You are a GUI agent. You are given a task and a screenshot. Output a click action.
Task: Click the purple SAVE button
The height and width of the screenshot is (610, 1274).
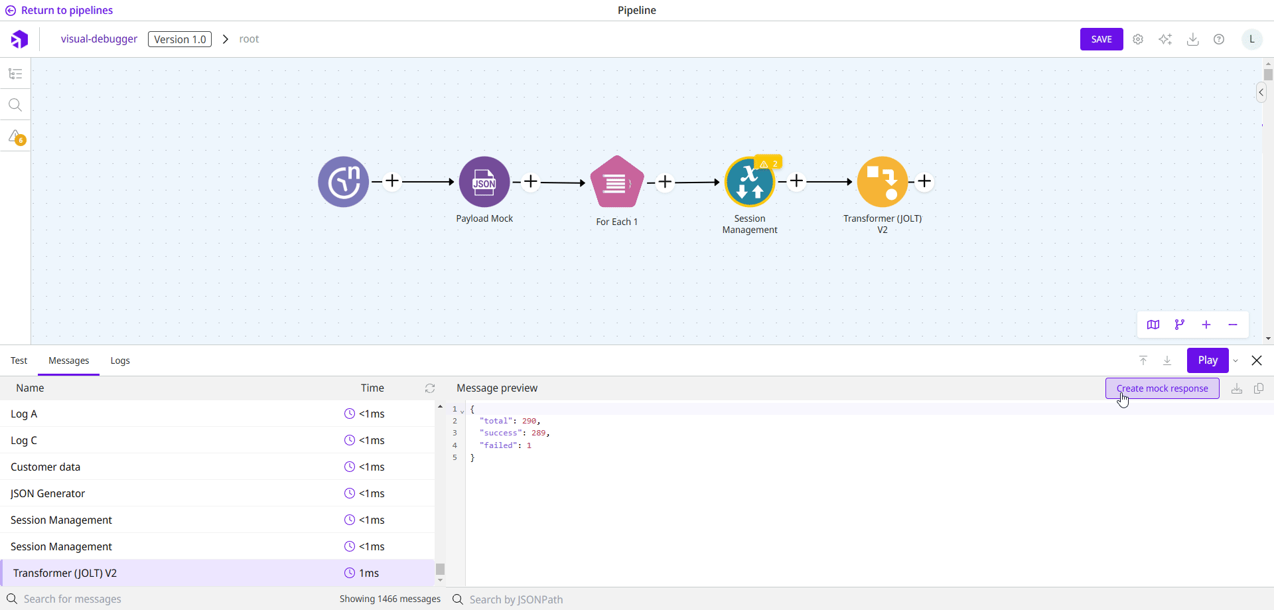1101,39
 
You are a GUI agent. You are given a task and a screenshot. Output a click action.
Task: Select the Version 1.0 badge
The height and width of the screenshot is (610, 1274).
180,39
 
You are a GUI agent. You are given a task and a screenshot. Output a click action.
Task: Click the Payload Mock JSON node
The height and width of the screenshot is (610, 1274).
484,182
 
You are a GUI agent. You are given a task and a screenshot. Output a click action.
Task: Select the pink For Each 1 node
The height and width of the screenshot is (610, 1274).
616,182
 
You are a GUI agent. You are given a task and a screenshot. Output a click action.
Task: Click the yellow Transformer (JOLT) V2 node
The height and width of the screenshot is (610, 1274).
882,182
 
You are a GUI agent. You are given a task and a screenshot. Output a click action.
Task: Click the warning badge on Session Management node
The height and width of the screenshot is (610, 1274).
769,163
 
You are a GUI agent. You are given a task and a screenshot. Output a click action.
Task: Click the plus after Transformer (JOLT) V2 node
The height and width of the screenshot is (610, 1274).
924,181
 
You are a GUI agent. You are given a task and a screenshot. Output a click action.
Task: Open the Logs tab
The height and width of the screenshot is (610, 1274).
120,360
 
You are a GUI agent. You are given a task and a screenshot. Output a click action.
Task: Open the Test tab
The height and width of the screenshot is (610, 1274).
19,360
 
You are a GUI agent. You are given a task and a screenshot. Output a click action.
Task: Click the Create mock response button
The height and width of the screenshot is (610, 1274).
1162,388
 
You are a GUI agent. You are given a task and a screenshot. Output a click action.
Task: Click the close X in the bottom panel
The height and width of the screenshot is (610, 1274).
1257,360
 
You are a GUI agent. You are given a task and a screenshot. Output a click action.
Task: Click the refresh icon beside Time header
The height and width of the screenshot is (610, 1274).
430,388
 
